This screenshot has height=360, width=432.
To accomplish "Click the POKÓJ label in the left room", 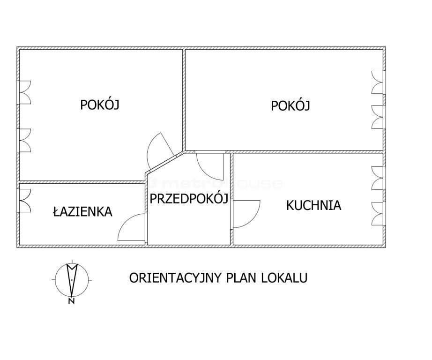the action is [x=99, y=104].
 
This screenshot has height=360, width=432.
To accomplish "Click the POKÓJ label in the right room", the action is [x=290, y=105].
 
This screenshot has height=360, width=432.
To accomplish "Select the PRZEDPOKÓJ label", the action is [x=189, y=198].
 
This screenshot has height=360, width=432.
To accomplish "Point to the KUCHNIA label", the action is [x=313, y=205].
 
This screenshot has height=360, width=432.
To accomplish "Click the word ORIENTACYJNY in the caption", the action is [x=175, y=278].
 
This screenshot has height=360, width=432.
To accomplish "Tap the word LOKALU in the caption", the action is [x=284, y=277].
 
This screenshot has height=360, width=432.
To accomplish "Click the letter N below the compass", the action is [x=71, y=301].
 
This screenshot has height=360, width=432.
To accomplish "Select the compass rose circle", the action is [x=55, y=279].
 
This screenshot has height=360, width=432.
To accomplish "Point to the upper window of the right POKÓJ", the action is [x=378, y=82].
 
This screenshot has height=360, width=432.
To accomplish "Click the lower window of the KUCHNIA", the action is [x=378, y=214].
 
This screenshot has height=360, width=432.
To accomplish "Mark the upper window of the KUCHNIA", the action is [x=378, y=178].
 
